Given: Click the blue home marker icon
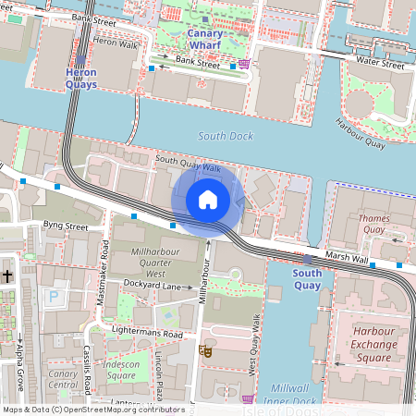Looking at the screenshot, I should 208,199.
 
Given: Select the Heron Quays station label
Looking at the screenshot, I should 80,78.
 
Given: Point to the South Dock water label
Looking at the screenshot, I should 225,136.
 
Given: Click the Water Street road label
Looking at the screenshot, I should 380,66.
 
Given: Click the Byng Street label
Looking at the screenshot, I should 65,225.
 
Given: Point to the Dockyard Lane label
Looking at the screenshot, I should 151,286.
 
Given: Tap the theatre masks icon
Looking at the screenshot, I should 204,350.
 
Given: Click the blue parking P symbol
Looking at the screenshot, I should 53,299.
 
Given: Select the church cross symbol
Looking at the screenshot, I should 7,275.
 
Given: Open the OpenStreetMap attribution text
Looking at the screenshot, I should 92,410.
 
